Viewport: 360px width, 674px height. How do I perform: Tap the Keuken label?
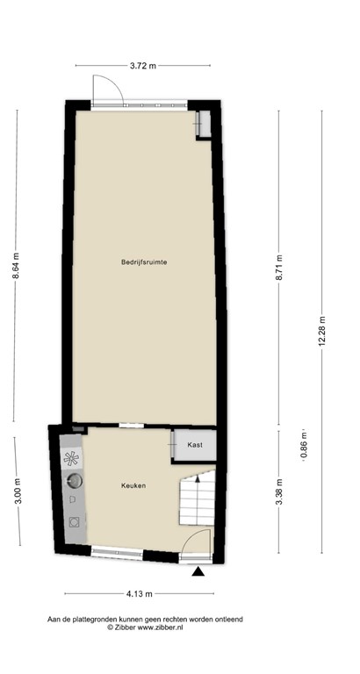coord(133,485)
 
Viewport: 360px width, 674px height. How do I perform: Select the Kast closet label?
coord(195,445)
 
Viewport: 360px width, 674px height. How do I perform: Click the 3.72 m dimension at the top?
coord(142,65)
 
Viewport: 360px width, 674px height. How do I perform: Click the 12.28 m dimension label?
coord(322,331)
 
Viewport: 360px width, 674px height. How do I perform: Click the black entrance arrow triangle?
coord(199,572)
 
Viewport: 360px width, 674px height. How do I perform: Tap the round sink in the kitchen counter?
coord(75,480)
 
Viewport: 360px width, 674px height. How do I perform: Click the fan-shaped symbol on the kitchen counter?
coord(72,458)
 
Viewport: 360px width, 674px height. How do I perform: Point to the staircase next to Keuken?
coord(197,498)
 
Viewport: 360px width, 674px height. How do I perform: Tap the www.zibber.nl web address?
coord(166,627)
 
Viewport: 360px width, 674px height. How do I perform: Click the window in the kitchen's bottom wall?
coord(117,551)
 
